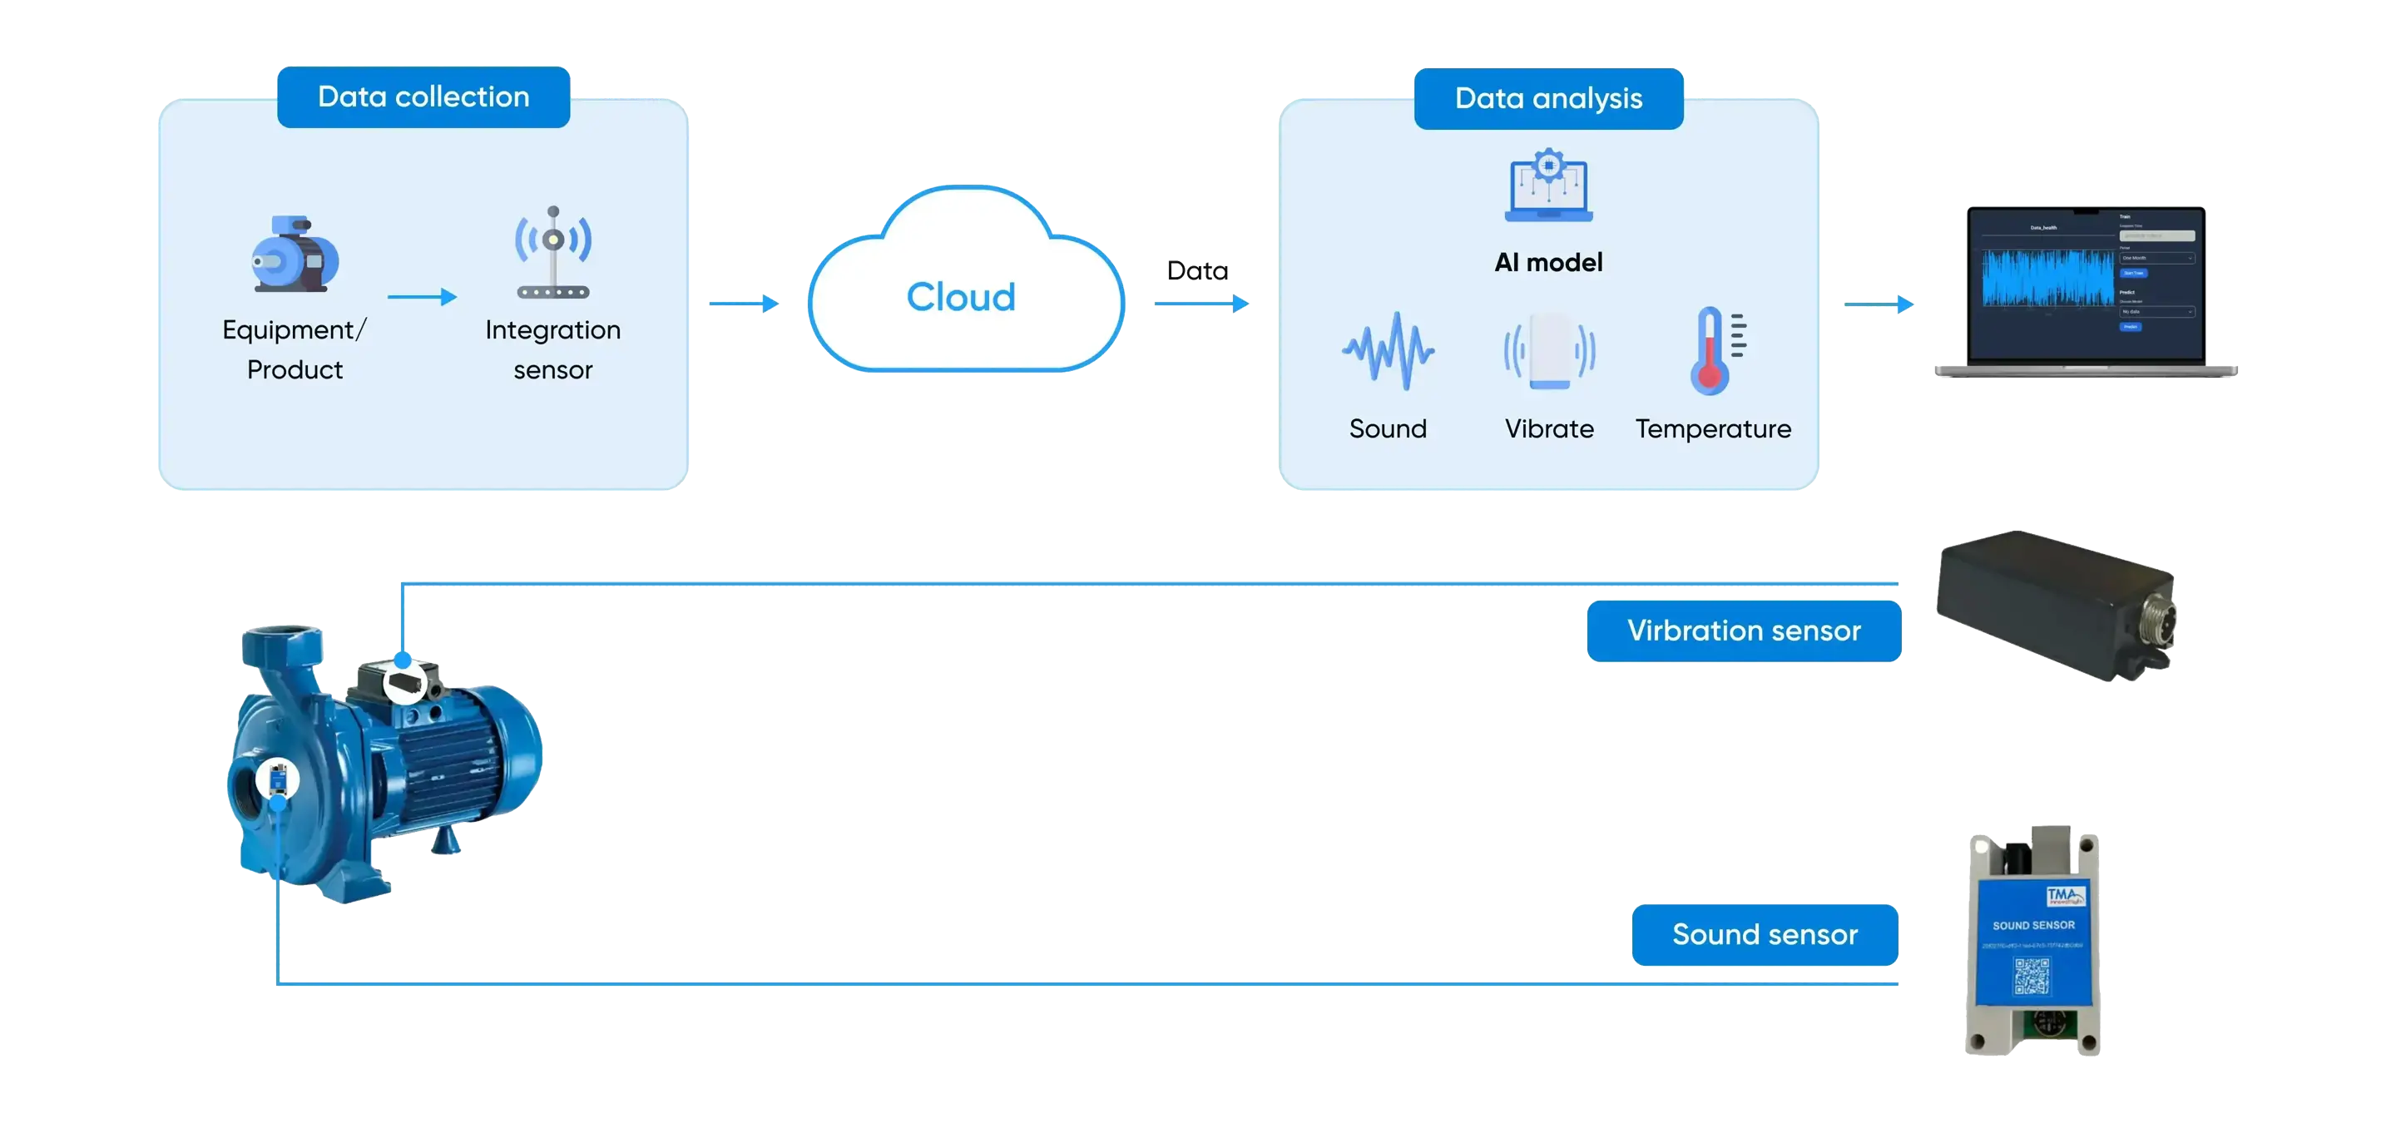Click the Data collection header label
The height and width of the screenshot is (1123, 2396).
423,96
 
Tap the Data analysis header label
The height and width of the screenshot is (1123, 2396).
1547,98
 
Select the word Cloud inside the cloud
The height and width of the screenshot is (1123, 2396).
961,298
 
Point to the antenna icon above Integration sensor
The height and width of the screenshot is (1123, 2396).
553,252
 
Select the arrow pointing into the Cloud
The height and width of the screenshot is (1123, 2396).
744,303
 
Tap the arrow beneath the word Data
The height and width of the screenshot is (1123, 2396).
1201,303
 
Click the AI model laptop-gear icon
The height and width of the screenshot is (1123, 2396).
1548,186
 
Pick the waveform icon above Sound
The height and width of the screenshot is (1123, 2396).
1388,351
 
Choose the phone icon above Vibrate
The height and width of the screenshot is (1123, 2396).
1550,351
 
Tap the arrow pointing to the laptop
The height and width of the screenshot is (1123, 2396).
1879,304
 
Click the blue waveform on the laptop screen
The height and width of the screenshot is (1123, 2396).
2047,277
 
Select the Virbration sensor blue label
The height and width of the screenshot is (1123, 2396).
1744,631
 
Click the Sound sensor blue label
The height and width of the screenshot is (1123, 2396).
1765,934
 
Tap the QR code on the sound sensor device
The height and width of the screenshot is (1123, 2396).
2032,976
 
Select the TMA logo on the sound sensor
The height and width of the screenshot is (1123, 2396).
2066,896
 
